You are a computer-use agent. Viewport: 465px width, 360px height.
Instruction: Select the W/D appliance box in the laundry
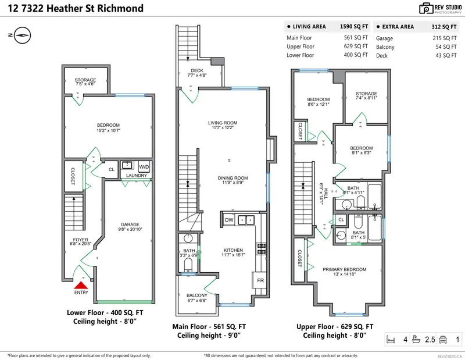point(144,167)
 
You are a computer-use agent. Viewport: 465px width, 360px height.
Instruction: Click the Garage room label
point(130,224)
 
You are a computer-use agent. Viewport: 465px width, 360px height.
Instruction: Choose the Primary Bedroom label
point(345,269)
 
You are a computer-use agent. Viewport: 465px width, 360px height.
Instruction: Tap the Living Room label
point(223,123)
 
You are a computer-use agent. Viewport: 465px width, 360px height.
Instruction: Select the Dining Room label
point(233,178)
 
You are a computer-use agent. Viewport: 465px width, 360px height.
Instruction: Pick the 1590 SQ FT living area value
point(353,26)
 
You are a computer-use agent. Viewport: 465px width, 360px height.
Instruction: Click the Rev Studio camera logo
point(425,8)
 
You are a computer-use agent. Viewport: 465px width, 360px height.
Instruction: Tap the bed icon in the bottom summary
point(391,339)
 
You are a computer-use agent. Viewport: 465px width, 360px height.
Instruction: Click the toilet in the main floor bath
point(188,265)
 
